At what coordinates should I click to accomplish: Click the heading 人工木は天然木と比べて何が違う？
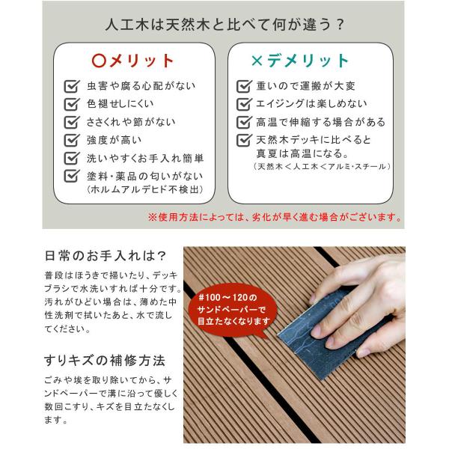(x=224, y=25)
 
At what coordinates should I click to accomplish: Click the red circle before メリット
(x=97, y=61)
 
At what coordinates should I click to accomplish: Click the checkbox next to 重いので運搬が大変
(x=243, y=86)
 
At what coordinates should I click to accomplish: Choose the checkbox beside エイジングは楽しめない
(x=243, y=104)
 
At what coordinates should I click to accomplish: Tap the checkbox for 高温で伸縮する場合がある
(x=243, y=122)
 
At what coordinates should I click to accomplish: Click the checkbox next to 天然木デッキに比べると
(x=243, y=140)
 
